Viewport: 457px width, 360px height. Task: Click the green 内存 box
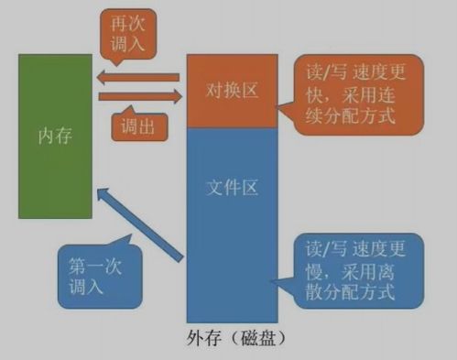56,174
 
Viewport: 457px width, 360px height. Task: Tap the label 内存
56,136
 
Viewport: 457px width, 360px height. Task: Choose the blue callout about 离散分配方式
352,269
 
